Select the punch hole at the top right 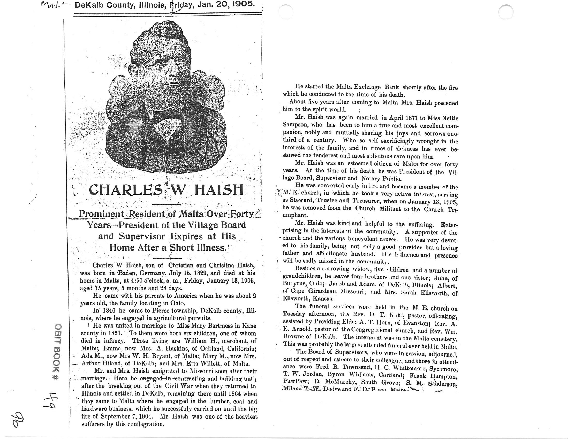click(x=506, y=12)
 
